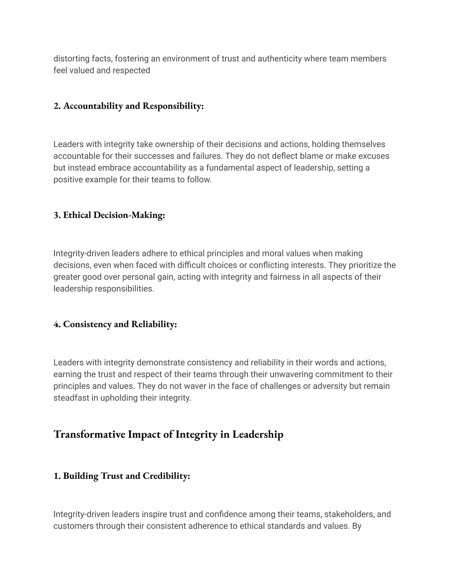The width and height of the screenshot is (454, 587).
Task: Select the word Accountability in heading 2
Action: (93, 106)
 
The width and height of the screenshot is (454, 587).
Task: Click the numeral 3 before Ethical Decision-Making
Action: (56, 215)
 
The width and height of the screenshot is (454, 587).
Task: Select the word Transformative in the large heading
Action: (89, 435)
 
